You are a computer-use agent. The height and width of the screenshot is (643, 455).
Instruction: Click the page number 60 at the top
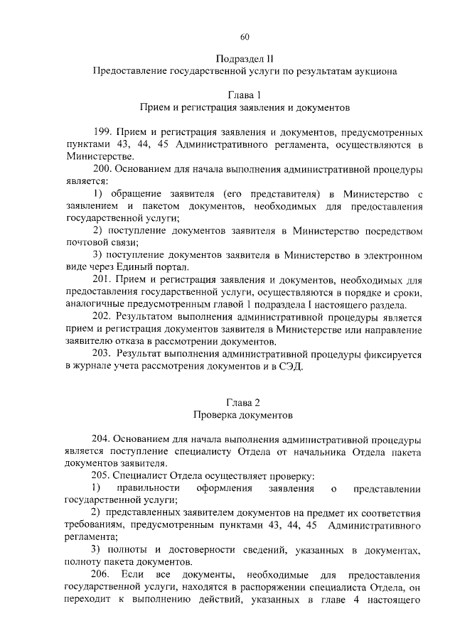245,37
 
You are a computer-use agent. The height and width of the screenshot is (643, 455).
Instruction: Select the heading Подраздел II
244,58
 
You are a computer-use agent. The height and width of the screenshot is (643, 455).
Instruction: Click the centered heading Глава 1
244,94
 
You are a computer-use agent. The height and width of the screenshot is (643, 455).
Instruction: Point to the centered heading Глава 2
244,401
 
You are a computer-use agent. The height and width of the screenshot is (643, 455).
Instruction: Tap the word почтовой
84,242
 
